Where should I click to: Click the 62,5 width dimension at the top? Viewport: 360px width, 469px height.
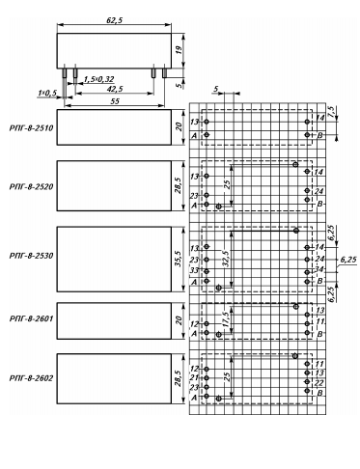(x=115, y=20)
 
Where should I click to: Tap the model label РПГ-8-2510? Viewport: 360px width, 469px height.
(x=31, y=128)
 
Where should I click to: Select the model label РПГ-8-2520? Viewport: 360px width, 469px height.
(x=31, y=186)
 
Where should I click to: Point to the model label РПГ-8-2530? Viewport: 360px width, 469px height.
(x=31, y=256)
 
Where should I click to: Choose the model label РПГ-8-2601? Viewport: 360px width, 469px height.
(x=31, y=318)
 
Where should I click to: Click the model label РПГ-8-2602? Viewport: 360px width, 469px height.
(x=31, y=378)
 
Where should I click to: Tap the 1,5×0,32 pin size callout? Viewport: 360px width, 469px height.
(x=98, y=79)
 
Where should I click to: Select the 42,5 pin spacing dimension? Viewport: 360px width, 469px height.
(x=115, y=89)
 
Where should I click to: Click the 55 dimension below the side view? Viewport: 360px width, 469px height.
(x=115, y=101)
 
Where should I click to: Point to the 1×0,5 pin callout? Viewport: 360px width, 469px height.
(x=47, y=93)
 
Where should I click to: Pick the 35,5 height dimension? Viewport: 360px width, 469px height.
(x=179, y=259)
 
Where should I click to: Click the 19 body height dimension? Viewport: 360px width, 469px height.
(x=179, y=50)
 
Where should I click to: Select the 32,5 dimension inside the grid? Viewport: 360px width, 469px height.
(x=226, y=259)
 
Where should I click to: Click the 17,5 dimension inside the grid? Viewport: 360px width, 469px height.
(x=226, y=319)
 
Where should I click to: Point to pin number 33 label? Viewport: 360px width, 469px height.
(x=194, y=270)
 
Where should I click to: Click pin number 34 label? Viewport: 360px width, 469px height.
(x=318, y=269)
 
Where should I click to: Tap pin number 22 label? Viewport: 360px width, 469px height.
(x=318, y=382)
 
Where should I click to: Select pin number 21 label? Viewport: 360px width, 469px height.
(x=194, y=377)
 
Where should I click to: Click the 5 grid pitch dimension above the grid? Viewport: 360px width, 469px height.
(x=216, y=89)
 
